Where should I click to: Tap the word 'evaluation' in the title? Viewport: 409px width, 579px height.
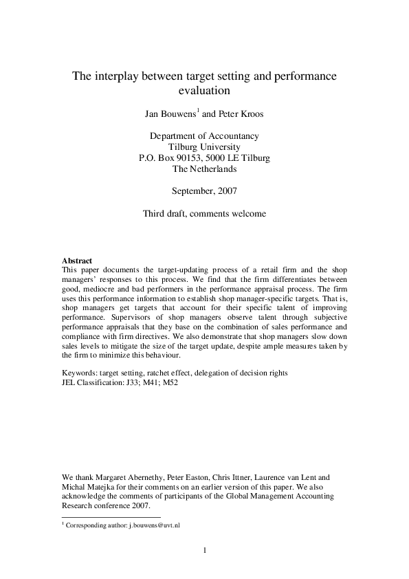(x=204, y=90)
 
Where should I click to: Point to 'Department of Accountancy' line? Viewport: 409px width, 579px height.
(x=204, y=136)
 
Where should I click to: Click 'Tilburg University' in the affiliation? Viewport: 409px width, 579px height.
(x=204, y=147)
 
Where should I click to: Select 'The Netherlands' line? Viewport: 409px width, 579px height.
(x=204, y=168)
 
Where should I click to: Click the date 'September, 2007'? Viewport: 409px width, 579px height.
(x=204, y=190)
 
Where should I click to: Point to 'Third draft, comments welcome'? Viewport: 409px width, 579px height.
(x=204, y=213)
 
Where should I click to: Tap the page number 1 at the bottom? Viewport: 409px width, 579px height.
(x=204, y=549)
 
